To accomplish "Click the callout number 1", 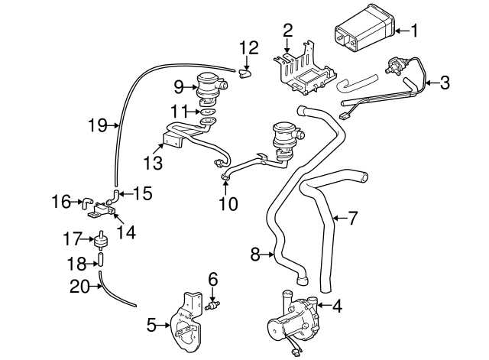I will [415, 31].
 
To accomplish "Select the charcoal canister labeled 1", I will [364, 34].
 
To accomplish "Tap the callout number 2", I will [287, 31].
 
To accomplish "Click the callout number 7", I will [352, 219].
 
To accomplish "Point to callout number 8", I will [256, 255].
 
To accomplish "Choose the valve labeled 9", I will [208, 84].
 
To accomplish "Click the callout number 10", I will [228, 204].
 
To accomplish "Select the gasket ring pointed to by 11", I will [206, 110].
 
